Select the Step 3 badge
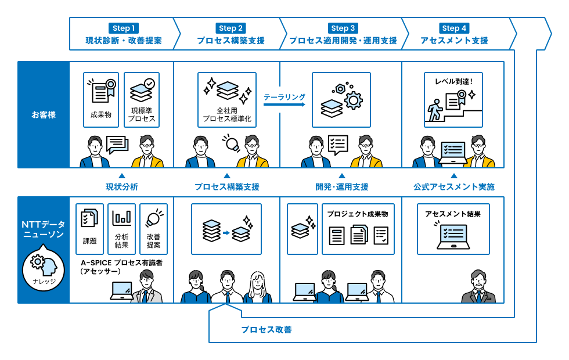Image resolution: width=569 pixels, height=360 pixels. [x=343, y=28]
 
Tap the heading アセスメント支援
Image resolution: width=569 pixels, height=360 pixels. [x=454, y=41]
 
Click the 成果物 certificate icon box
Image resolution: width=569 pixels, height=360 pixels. [x=101, y=99]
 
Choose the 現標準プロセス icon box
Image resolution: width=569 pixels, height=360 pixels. [x=142, y=99]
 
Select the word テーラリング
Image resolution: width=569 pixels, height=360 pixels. [x=284, y=98]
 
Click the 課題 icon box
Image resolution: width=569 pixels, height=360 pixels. [x=89, y=229]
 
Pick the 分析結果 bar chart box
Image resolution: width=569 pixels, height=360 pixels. [x=122, y=229]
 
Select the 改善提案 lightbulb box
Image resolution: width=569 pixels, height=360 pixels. [x=153, y=229]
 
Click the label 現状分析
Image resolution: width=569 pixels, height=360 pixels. [x=121, y=187]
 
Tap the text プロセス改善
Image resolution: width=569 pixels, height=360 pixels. [x=266, y=330]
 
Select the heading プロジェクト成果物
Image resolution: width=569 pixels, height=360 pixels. [x=357, y=214]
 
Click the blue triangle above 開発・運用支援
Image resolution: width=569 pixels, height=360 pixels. [x=342, y=175]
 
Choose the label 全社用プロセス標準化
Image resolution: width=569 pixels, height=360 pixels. [x=227, y=114]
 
